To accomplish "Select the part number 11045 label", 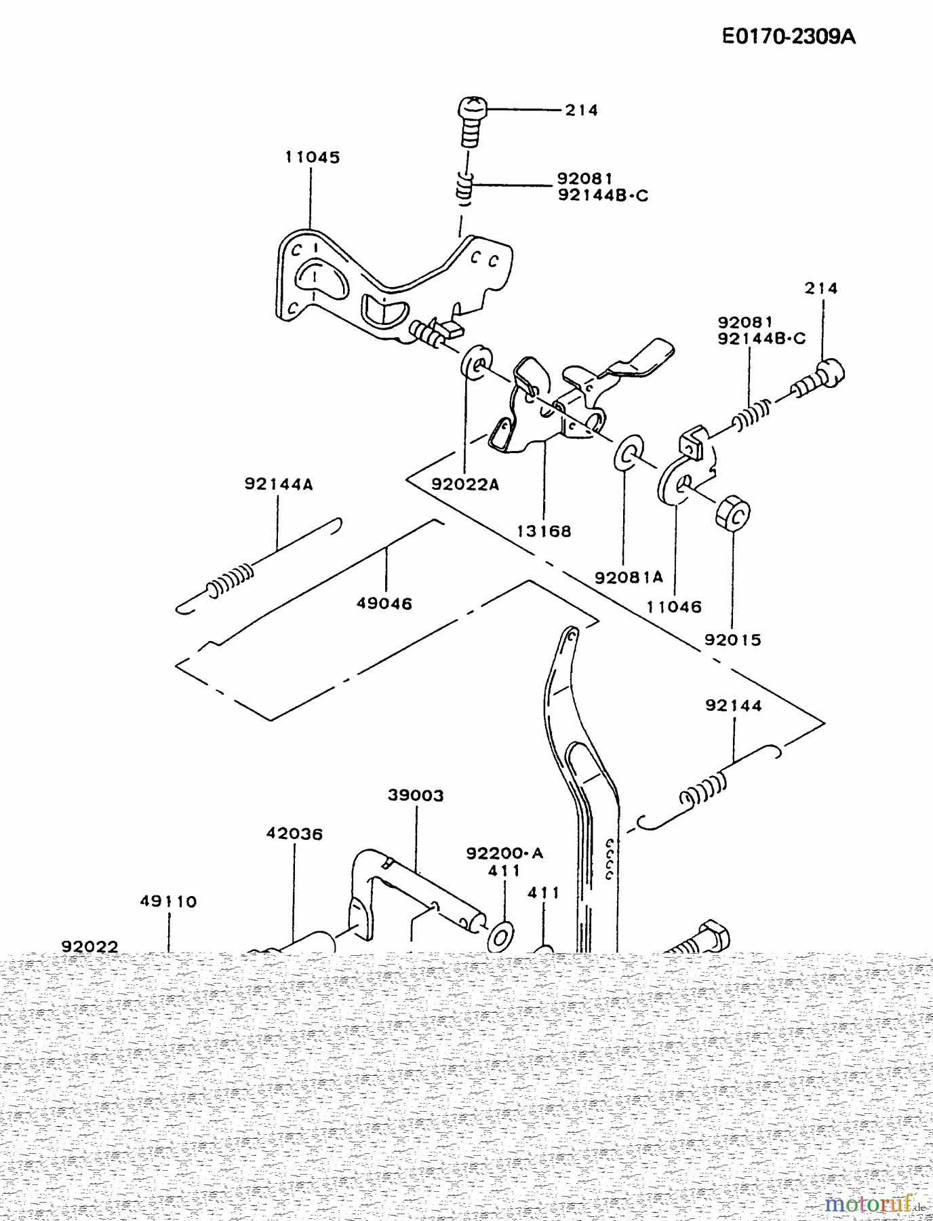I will pos(312,157).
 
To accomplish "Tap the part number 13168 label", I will pos(544,531).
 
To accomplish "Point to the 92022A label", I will pos(465,484).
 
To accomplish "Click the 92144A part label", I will pos(279,484).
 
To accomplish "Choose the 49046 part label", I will pos(384,603).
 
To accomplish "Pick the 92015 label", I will pos(732,640).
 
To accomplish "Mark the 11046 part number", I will pos(674,607).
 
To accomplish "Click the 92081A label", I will pos(629,577).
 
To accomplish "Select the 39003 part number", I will pos(416,795).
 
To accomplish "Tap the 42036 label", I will pos(294,834).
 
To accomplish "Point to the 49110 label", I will pos(168,902).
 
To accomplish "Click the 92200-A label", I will pos(504,853).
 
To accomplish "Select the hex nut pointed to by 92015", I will pos(732,514).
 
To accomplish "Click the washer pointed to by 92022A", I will pos(476,364).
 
